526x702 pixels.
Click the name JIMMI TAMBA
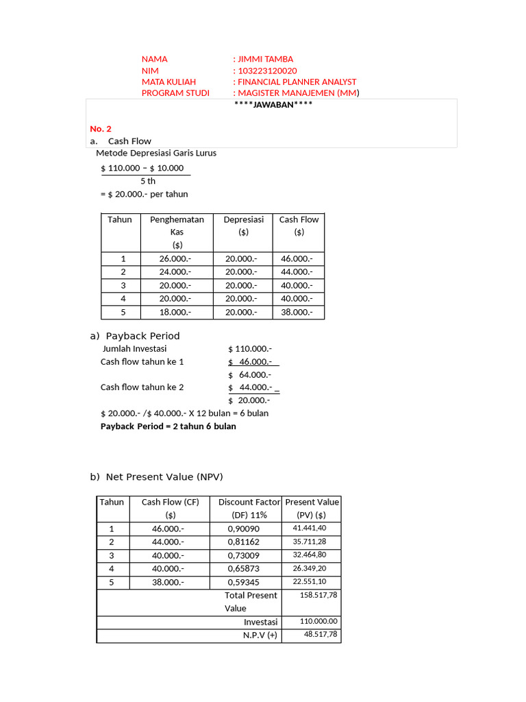(265, 59)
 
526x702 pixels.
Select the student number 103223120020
(267, 71)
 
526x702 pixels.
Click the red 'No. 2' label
(101, 129)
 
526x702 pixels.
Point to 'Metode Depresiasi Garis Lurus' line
(156, 153)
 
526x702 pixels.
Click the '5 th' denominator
(148, 181)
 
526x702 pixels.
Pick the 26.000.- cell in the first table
(175, 259)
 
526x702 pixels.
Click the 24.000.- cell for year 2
(175, 272)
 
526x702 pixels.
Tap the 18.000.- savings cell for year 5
(175, 312)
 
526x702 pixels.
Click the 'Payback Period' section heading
(142, 336)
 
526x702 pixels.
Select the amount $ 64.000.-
(250, 375)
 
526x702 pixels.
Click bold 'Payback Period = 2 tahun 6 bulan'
(168, 426)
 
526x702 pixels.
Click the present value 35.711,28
(310, 542)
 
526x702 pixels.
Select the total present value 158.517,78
(318, 595)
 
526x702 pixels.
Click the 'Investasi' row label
(261, 622)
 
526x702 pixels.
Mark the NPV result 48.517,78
(321, 635)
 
